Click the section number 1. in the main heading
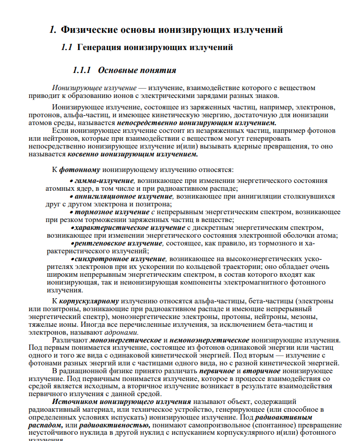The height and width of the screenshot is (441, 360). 53,30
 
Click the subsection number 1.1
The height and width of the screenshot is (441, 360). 66,47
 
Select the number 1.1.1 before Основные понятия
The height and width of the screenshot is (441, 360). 82,70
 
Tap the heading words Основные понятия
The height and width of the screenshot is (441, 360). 137,70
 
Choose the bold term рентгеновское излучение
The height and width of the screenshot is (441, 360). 118,243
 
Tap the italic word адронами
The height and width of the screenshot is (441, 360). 123,332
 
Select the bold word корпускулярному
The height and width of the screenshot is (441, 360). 89,301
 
